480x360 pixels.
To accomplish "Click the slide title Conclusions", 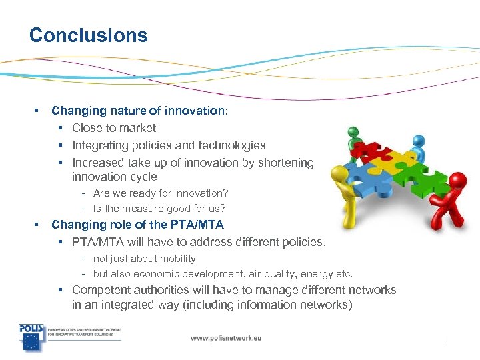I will click(x=88, y=35).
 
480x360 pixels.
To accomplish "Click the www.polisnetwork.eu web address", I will click(x=226, y=338).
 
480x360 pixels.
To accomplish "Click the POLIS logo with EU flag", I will click(x=31, y=337).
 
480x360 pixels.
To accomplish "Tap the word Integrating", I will click(x=101, y=145).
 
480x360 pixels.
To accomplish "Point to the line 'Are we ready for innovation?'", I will click(x=160, y=193).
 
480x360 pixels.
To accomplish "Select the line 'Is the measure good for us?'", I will click(x=159, y=209).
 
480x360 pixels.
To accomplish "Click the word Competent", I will click(x=101, y=290).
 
